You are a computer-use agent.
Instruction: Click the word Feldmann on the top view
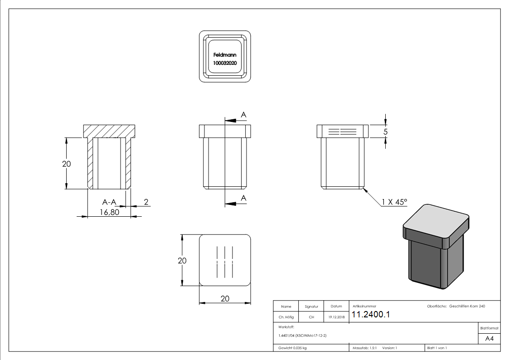(225, 54)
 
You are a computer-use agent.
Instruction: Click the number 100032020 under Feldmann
(225, 63)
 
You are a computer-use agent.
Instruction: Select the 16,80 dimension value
(109, 212)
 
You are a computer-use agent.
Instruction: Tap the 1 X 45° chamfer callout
(394, 202)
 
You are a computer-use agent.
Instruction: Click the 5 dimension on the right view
(386, 131)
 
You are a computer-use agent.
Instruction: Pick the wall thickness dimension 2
(146, 202)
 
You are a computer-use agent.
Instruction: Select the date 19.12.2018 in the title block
(336, 317)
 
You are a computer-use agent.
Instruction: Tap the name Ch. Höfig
(286, 317)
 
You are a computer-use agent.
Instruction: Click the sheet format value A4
(490, 338)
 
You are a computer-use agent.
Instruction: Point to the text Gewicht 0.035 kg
(293, 348)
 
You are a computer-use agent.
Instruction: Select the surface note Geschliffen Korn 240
(467, 306)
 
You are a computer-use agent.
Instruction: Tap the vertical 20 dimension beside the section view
(67, 164)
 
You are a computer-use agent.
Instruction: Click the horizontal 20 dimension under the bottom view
(225, 298)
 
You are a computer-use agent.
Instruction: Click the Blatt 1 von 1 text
(437, 348)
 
